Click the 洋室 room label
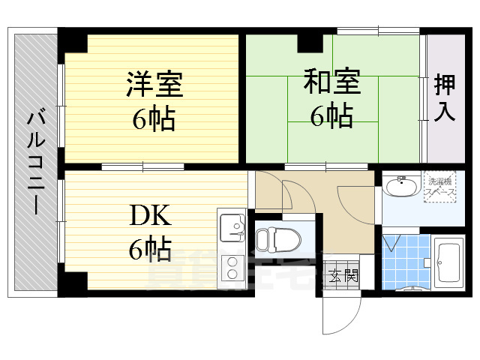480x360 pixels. pos(154,84)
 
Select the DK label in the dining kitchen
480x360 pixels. pos(151,217)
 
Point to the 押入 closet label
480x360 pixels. pos(445,98)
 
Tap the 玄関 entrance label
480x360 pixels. pos(342,275)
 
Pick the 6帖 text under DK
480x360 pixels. pos(150,250)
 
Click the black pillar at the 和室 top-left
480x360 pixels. pos(308,43)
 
